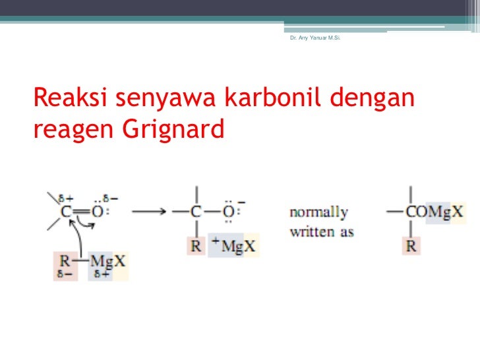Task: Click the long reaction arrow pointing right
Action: coord(148,212)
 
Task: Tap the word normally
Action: coord(318,212)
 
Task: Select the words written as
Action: coord(322,232)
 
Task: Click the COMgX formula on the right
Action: coord(436,212)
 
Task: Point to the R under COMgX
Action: coord(410,247)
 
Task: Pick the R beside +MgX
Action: coord(195,247)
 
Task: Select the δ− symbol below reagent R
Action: coord(63,274)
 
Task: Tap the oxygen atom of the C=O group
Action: coord(97,212)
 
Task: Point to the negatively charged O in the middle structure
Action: coord(228,212)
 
